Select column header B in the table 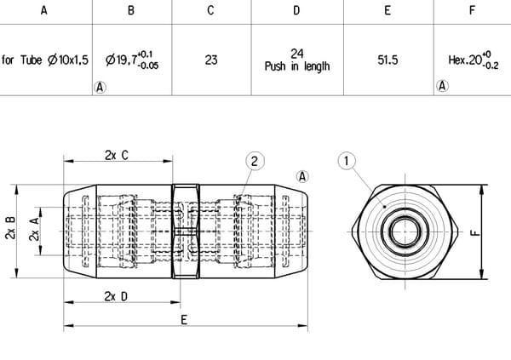click(x=130, y=11)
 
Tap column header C click(x=211, y=11)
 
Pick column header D click(x=296, y=11)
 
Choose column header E click(x=388, y=11)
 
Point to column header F click(x=472, y=11)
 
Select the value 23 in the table click(x=211, y=60)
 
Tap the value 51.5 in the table click(x=388, y=60)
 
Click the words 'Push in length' click(x=296, y=66)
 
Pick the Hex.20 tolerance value click(x=471, y=60)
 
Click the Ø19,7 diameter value click(x=130, y=60)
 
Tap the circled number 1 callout click(x=345, y=159)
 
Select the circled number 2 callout click(x=252, y=159)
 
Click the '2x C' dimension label click(x=117, y=155)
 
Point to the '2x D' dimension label click(x=117, y=295)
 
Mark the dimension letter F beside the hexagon click(x=475, y=230)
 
